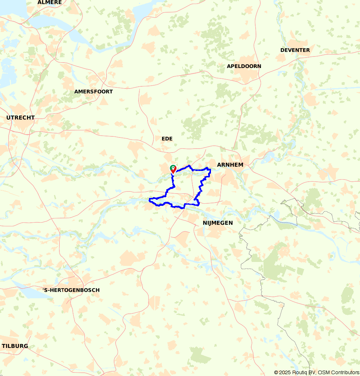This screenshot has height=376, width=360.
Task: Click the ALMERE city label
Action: (50, 3)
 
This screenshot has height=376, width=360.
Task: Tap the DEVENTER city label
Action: (295, 50)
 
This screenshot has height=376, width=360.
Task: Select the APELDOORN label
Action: (244, 66)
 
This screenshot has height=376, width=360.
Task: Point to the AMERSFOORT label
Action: (93, 92)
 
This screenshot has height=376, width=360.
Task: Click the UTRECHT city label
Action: (21, 118)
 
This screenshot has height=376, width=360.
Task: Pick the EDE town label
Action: (167, 139)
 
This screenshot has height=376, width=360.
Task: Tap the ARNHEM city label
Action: (230, 165)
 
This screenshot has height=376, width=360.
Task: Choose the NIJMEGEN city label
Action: (215, 223)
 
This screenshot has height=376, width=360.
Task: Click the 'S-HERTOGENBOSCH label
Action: (71, 290)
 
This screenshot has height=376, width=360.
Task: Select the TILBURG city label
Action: (15, 346)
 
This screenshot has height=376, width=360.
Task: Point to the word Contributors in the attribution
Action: (344, 372)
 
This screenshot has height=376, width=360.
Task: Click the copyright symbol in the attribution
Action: (276, 372)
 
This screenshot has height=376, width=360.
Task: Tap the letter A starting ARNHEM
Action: (219, 165)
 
